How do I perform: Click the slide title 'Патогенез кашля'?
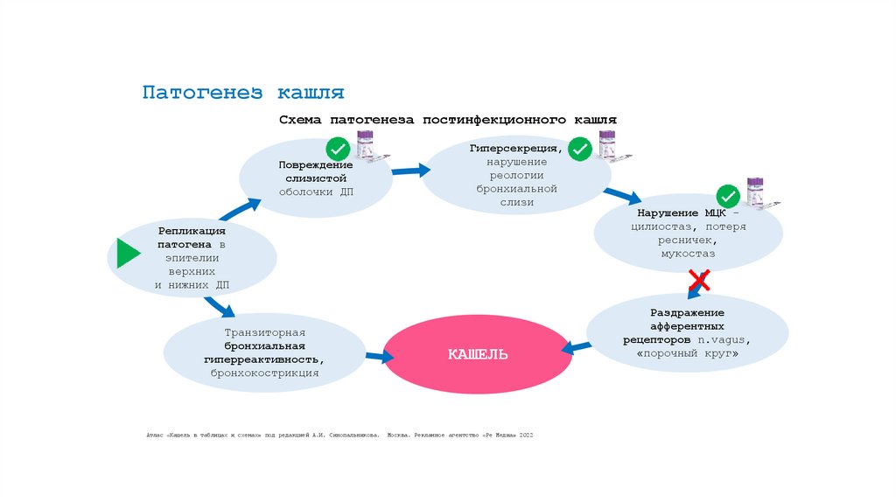243,92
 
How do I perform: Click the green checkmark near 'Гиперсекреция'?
579,150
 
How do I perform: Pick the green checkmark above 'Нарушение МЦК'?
727,196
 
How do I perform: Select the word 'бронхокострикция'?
264,373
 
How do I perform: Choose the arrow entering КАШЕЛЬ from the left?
379,356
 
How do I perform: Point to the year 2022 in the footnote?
526,435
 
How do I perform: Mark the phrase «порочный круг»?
688,353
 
